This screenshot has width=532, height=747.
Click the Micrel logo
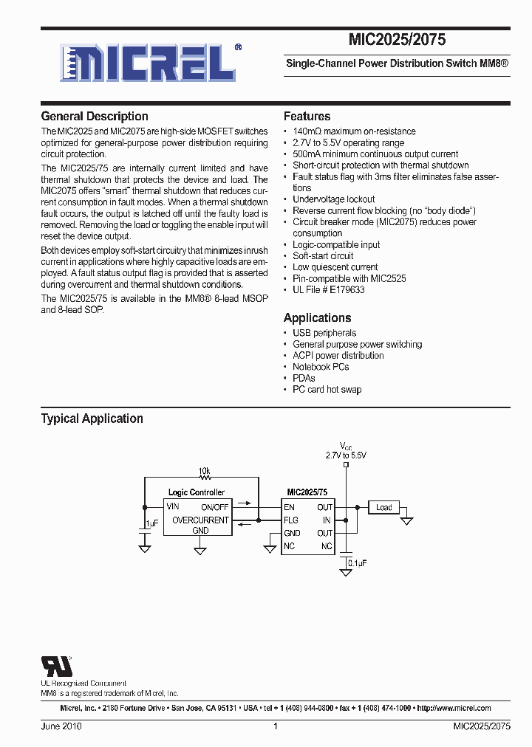150,62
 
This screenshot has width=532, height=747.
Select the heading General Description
95,117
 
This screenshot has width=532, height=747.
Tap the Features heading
307,117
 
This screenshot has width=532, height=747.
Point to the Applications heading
318,318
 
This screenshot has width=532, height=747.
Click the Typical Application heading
92,419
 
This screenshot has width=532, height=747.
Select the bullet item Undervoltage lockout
333,199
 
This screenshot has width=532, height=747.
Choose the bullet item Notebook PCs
321,367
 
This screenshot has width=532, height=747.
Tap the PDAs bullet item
304,378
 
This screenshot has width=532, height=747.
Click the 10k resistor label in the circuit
204,470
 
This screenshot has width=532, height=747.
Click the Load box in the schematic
383,507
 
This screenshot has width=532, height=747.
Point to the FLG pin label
290,520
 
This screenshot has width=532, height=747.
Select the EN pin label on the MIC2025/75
289,507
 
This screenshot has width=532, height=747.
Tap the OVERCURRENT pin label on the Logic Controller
200,520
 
